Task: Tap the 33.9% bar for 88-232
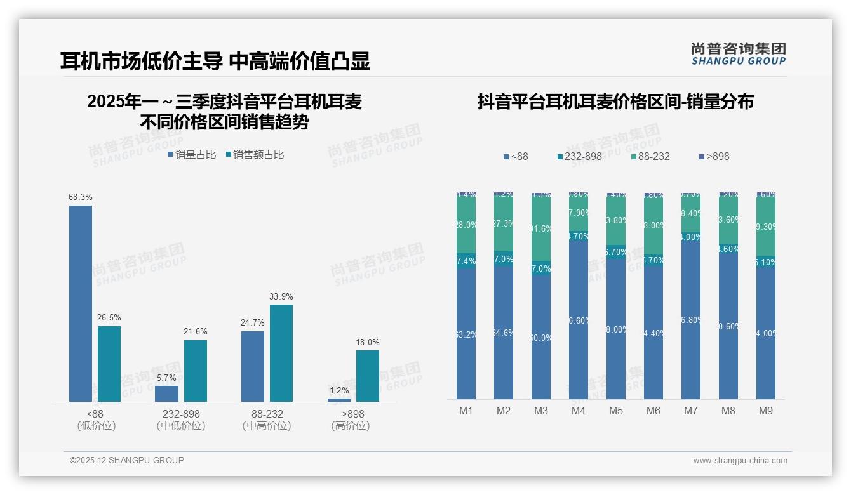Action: [281, 353]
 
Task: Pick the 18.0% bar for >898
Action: [368, 376]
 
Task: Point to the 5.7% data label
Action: [166, 378]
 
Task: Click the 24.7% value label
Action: [253, 323]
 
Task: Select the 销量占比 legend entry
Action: [192, 155]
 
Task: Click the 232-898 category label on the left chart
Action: [181, 414]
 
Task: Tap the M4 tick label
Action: [579, 411]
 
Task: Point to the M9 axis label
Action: [766, 411]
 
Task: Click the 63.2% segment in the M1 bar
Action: [466, 334]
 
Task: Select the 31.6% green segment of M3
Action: [541, 228]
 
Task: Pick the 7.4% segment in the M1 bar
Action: [466, 261]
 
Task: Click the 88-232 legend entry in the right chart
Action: [650, 157]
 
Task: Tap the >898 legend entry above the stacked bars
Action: [714, 157]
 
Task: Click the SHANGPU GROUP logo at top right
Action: [738, 53]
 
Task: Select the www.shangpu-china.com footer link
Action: [740, 461]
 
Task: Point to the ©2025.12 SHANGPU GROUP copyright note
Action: [127, 460]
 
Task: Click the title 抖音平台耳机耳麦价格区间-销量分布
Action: [615, 102]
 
